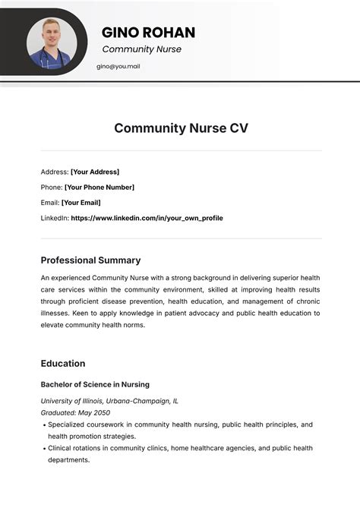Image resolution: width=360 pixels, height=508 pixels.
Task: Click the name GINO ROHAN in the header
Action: [148, 33]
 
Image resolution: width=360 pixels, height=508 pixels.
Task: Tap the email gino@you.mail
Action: [118, 66]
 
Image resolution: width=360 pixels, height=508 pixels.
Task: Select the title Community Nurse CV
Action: [181, 128]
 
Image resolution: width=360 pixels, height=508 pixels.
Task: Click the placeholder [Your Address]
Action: [95, 172]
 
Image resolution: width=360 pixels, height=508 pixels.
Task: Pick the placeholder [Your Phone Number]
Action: [99, 187]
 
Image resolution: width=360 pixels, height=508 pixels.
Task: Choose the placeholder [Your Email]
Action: [81, 203]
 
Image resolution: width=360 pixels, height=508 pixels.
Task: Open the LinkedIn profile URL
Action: [147, 218]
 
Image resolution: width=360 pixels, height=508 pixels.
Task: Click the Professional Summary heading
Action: [90, 260]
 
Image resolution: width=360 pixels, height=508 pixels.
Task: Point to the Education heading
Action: [63, 363]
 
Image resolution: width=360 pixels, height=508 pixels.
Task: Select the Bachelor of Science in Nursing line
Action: [95, 384]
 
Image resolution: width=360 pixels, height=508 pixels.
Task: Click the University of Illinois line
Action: [109, 400]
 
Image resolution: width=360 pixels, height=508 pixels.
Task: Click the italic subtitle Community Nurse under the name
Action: [141, 49]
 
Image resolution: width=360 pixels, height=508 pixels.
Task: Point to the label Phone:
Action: [52, 187]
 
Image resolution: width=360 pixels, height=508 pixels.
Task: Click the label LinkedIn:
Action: [54, 218]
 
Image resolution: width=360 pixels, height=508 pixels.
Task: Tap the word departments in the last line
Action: [68, 459]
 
